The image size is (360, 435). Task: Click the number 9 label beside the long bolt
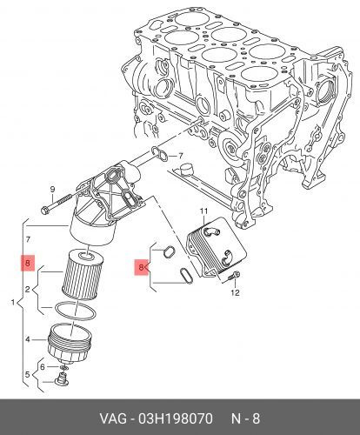pos(52,190)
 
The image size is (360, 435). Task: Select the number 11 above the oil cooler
pos(204,211)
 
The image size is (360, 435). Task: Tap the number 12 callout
pos(233,293)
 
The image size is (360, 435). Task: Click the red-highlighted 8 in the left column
pos(29,262)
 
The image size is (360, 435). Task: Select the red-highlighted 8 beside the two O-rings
pos(143,270)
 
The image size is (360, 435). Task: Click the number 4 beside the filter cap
pos(29,339)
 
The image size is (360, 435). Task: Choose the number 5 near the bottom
pos(29,376)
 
